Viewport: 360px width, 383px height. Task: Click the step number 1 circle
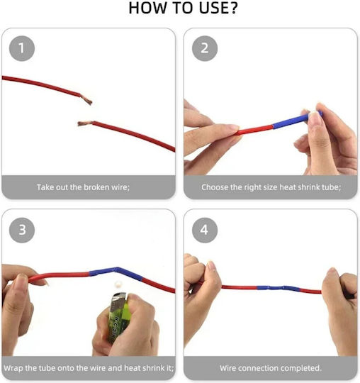pos(22,48)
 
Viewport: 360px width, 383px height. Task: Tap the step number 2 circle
pos(205,48)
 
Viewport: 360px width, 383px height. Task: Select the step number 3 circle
pos(22,230)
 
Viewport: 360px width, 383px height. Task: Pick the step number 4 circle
pos(205,230)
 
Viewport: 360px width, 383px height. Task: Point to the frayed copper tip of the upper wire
pos(87,100)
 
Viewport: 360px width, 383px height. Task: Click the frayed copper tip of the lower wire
pos(84,123)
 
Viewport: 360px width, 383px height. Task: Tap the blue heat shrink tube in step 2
pos(297,120)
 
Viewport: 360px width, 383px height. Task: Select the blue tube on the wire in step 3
pos(116,273)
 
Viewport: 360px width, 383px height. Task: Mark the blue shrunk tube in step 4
pos(279,288)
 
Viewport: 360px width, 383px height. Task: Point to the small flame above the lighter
pos(118,284)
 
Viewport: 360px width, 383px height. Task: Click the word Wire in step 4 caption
pos(227,368)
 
